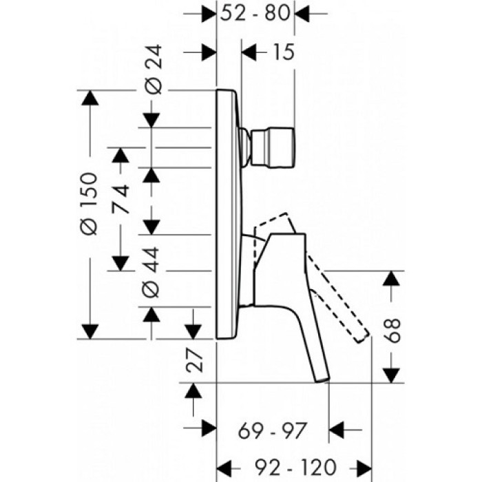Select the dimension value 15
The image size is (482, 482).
pos(280,52)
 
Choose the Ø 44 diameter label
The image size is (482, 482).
pos(154,271)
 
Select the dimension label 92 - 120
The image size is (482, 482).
pos(287,465)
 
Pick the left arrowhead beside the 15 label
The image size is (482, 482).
pos(251,52)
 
